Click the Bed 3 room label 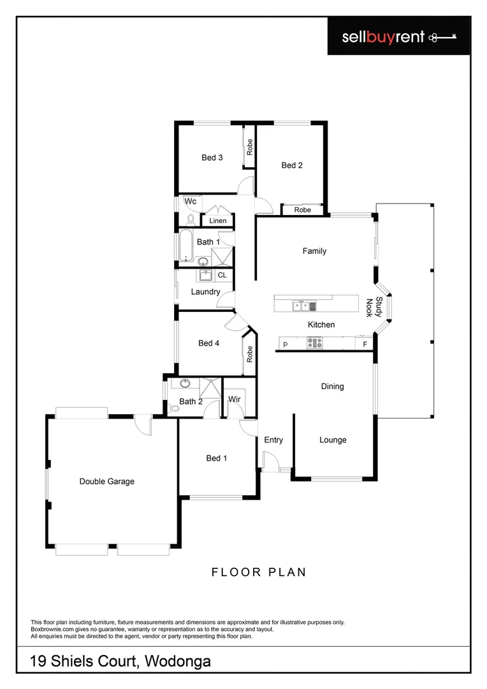click(212, 158)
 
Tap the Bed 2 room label click(292, 165)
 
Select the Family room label click(314, 251)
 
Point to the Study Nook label click(374, 307)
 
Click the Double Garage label click(106, 482)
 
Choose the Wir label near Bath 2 click(235, 400)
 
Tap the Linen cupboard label click(217, 221)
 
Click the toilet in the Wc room click(191, 219)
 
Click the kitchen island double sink click(301, 306)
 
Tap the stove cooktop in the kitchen click(315, 343)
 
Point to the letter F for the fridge click(365, 344)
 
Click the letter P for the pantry click(286, 344)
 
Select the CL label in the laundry click(222, 276)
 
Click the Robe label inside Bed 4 click(250, 354)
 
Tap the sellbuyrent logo click(398, 37)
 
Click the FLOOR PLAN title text click(259, 572)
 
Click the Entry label click(273, 440)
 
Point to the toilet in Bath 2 click(174, 409)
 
